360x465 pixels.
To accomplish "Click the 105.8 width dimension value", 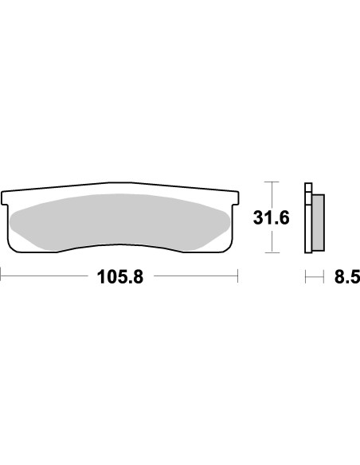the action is click(x=120, y=277).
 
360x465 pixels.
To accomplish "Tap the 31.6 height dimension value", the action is click(x=271, y=217).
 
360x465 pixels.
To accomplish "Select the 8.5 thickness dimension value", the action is click(x=347, y=277).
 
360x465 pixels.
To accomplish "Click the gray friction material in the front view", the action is click(x=119, y=221).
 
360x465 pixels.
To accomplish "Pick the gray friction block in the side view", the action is click(x=319, y=222).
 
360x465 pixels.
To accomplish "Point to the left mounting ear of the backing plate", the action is click(x=5, y=198).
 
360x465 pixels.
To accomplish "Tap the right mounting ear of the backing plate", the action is click(x=236, y=198).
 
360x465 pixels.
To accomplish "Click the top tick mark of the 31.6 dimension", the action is click(x=272, y=182).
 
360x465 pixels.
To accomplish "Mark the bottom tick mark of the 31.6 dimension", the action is click(x=272, y=253).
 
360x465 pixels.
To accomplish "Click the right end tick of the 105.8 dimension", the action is click(x=237, y=276).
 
